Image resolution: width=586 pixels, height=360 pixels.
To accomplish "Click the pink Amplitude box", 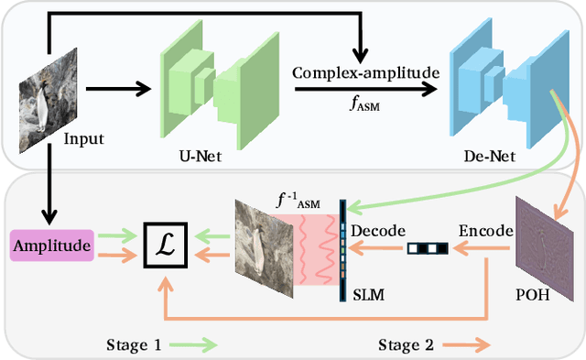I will pyautogui.click(x=52, y=246).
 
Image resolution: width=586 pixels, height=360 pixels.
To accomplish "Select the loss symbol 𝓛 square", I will pyautogui.click(x=167, y=245).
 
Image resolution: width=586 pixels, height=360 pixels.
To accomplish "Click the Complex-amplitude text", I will pyautogui.click(x=367, y=71).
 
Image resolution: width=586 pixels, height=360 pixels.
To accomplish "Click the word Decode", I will pyautogui.click(x=377, y=229).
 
